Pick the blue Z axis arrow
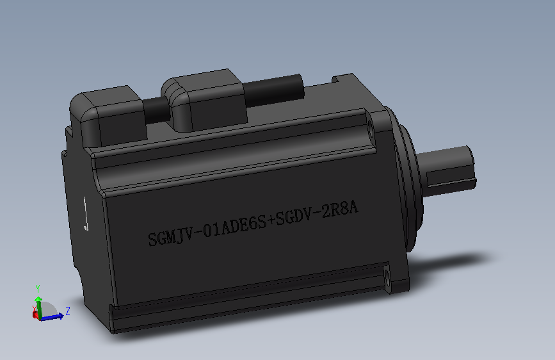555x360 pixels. [x=54, y=315]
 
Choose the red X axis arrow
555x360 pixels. [x=35, y=315]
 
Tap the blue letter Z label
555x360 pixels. [x=67, y=311]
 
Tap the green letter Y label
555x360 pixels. [x=38, y=288]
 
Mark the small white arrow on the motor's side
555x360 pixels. [x=86, y=215]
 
